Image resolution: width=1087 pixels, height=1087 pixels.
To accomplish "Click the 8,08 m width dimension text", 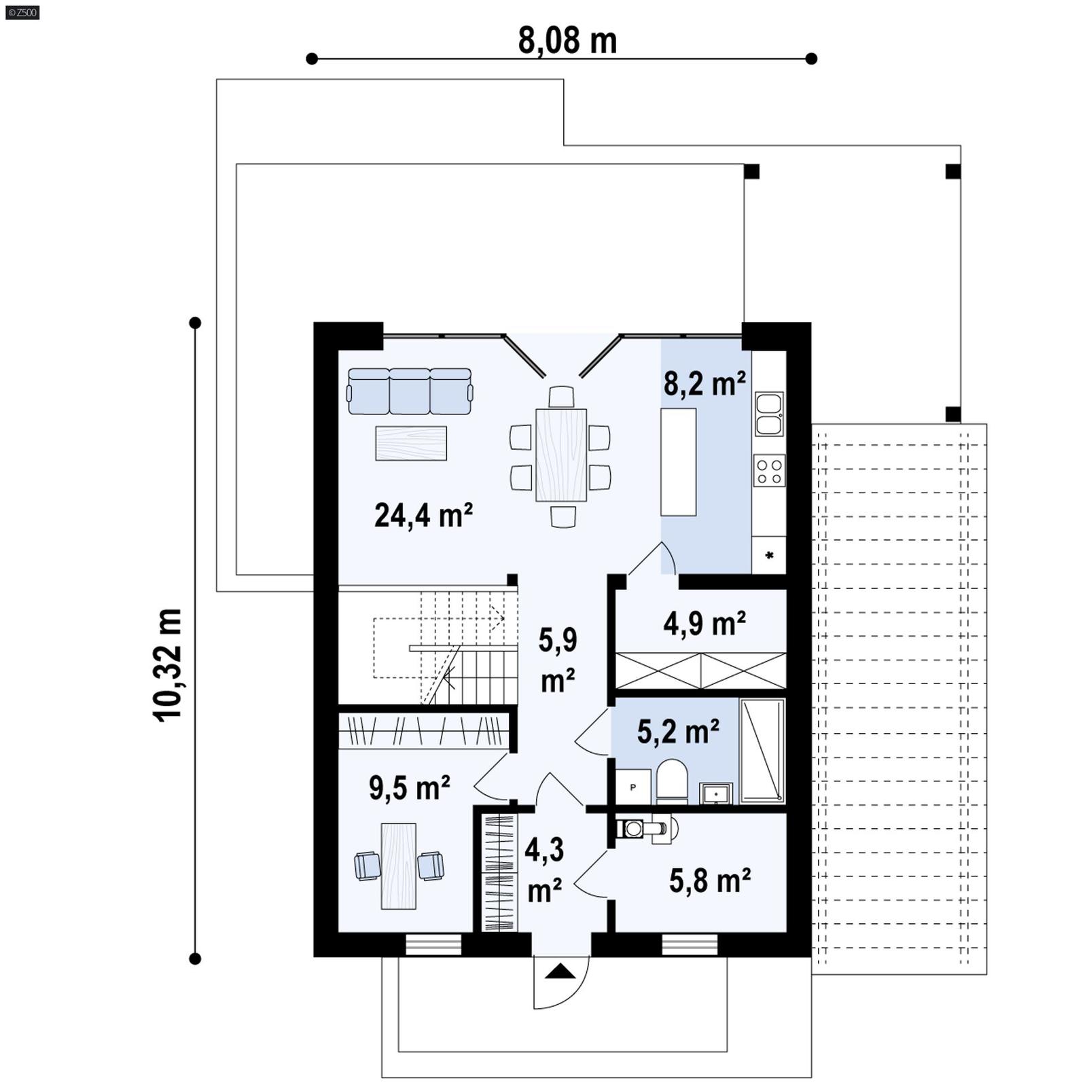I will [567, 41].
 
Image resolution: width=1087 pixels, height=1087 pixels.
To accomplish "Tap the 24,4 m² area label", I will [423, 516].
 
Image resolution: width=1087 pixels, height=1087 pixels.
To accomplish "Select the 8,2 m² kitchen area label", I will [705, 384].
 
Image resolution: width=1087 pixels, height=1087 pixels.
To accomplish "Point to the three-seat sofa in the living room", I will [410, 391].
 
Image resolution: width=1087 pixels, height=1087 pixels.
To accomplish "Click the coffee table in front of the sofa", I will [411, 443].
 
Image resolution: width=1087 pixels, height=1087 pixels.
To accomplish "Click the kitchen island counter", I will [678, 462].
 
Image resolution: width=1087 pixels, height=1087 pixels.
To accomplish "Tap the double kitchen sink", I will [769, 414].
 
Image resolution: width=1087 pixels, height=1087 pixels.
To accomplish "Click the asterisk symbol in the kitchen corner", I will [769, 556].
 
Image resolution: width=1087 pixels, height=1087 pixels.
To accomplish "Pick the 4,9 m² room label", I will [705, 623].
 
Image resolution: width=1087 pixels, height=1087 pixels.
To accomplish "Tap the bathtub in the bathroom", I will [762, 751].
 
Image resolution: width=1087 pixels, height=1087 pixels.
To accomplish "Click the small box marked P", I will [633, 787].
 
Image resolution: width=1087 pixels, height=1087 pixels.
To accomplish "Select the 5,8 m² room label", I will [710, 880].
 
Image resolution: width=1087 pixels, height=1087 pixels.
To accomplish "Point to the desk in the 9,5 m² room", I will [398, 866].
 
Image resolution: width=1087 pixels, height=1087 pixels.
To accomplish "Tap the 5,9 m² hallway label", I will [558, 660].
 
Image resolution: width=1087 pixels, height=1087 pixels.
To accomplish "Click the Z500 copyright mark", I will [22, 12].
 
